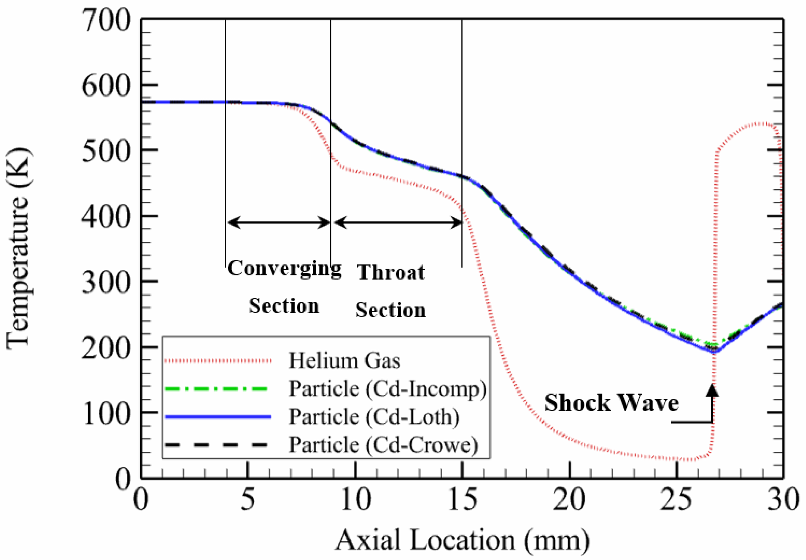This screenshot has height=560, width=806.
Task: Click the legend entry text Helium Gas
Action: click(344, 361)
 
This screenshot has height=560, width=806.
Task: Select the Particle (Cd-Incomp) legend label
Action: click(387, 389)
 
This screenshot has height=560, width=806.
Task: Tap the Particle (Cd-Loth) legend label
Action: click(374, 417)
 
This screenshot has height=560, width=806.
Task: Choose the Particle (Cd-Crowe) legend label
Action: click(383, 445)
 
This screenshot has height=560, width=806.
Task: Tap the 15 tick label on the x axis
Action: click(462, 500)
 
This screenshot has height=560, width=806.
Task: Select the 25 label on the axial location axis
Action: click(676, 500)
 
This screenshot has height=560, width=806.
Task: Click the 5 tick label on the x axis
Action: click(248, 500)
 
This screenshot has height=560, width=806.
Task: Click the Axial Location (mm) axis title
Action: click(462, 541)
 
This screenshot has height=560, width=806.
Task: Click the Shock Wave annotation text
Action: click(611, 403)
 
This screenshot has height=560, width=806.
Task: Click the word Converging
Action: click(284, 269)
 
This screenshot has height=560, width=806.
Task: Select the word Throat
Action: click(391, 272)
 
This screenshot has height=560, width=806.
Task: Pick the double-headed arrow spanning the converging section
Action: click(279, 222)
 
